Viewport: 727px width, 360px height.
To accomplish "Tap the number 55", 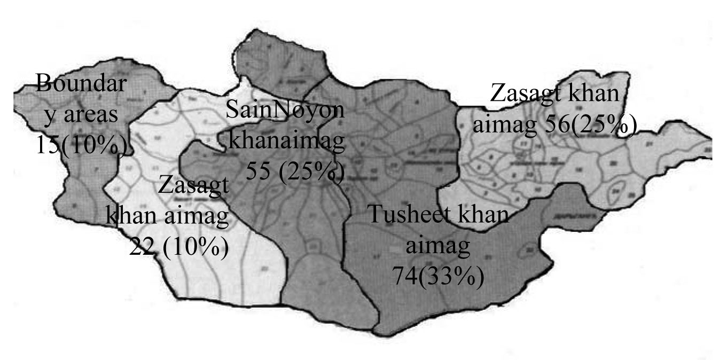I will point(260,173).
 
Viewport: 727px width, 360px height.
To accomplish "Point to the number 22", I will point(142,247).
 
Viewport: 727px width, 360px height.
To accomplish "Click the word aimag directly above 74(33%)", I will point(439,247).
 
